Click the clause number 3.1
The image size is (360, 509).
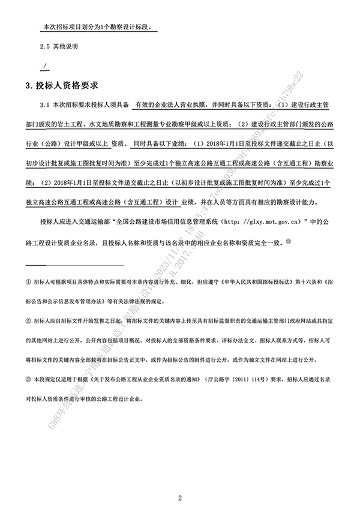[43, 105]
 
